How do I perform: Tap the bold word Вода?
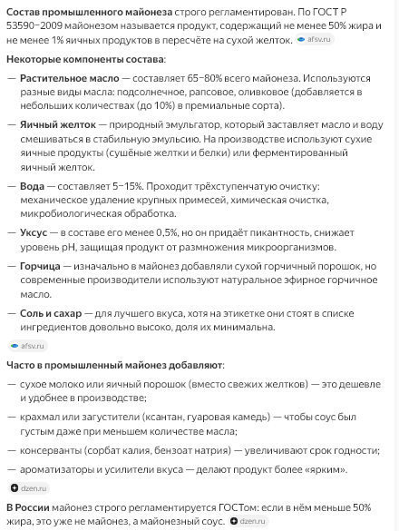[x=32, y=185]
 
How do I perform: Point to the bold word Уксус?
[x=34, y=232]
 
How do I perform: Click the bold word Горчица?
[x=40, y=266]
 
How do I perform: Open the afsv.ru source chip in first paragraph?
[x=313, y=40]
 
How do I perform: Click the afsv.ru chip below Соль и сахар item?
[x=27, y=346]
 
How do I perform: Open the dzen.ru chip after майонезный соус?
[x=248, y=521]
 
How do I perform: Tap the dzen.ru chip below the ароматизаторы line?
[x=28, y=488]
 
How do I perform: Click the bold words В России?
[x=29, y=507]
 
